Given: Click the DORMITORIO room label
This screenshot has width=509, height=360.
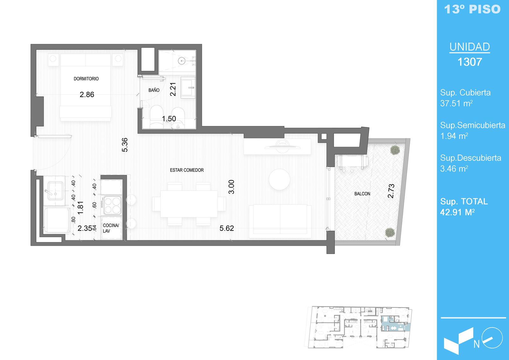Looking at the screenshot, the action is pyautogui.click(x=86, y=79).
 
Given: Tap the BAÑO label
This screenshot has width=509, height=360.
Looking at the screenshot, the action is pyautogui.click(x=154, y=90).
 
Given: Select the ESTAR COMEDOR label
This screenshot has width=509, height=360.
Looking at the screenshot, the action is pyautogui.click(x=187, y=170).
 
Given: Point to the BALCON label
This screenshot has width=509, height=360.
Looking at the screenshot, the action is pyautogui.click(x=362, y=194).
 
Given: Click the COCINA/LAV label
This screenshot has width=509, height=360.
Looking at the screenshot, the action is pyautogui.click(x=111, y=228).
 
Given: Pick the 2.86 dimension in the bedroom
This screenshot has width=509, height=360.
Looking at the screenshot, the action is pyautogui.click(x=87, y=95).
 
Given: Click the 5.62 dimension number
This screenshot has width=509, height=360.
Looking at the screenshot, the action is pyautogui.click(x=227, y=228).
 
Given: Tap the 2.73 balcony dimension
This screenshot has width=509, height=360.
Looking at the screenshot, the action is pyautogui.click(x=391, y=191).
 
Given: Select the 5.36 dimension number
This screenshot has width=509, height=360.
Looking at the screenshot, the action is pyautogui.click(x=125, y=145).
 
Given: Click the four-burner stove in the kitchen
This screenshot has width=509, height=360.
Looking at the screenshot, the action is pyautogui.click(x=112, y=205).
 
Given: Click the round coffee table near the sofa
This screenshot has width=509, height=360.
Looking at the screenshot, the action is pyautogui.click(x=279, y=179).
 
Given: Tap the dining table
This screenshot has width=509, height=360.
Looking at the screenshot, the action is pyautogui.click(x=189, y=204).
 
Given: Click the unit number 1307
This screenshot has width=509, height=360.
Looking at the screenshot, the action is pyautogui.click(x=470, y=62).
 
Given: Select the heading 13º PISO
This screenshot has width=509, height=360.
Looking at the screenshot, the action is pyautogui.click(x=472, y=9).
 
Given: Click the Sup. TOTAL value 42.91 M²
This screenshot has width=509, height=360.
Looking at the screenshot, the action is pyautogui.click(x=457, y=212).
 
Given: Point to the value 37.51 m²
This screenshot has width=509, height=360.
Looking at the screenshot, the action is pyautogui.click(x=456, y=103).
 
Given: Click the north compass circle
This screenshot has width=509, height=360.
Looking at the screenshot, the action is pyautogui.click(x=492, y=338).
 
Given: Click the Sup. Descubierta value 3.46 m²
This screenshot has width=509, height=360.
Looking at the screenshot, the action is pyautogui.click(x=454, y=168).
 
